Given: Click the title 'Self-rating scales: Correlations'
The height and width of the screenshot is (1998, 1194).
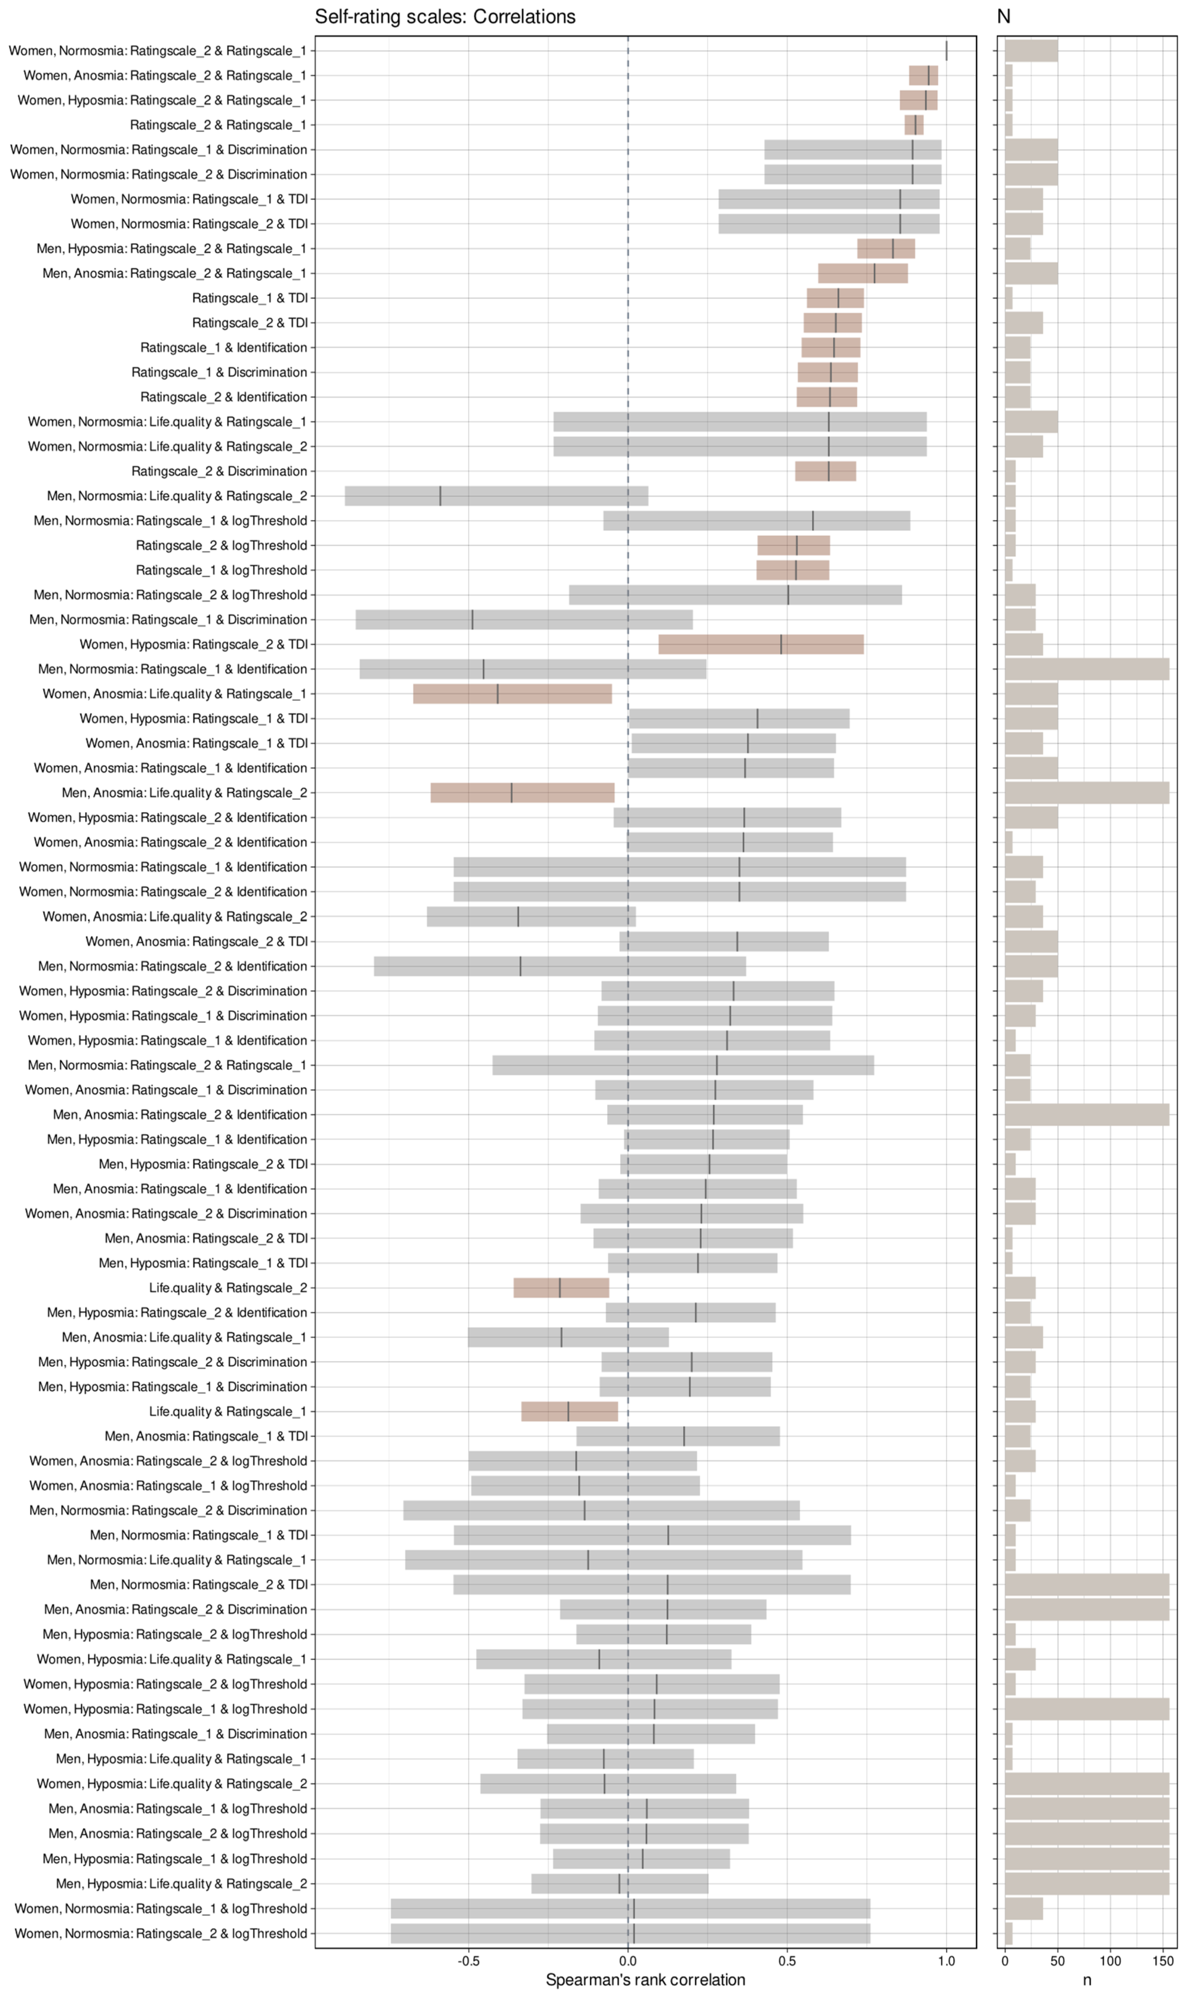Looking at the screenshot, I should [x=445, y=17].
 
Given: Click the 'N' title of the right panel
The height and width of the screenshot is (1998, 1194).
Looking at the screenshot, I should [x=1003, y=17].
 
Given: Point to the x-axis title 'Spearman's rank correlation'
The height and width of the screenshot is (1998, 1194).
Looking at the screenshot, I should [x=645, y=1980].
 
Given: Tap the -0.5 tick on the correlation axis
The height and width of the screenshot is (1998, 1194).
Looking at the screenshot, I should [x=469, y=1960].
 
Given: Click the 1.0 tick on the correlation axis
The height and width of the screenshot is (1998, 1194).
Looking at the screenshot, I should [x=946, y=1960].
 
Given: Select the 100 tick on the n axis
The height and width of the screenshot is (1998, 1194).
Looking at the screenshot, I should [x=1110, y=1960].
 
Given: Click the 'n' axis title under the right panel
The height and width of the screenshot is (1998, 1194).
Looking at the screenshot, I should [x=1087, y=1980].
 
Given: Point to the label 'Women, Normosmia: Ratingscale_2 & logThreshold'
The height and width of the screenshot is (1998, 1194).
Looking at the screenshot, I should [x=161, y=1933].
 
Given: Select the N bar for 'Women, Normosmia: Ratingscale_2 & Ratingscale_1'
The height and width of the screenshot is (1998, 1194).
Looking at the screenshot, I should [x=1031, y=51].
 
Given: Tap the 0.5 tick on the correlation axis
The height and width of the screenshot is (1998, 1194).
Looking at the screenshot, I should [x=787, y=1960].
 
